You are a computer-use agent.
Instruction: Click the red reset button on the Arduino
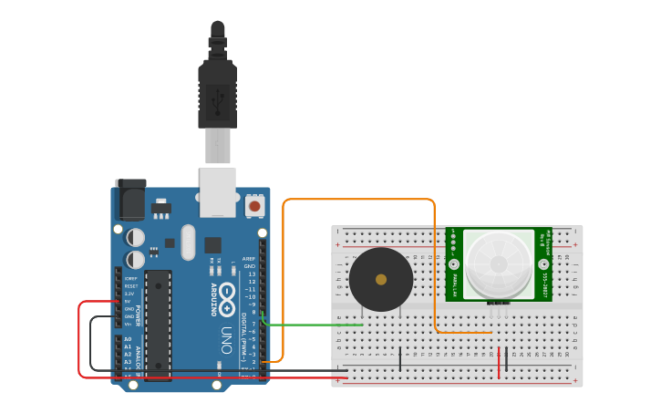[254, 207]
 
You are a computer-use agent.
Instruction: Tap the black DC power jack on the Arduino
[129, 200]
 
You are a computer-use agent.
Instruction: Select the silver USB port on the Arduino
[218, 191]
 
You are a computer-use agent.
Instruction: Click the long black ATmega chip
[158, 324]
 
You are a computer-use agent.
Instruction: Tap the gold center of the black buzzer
[381, 280]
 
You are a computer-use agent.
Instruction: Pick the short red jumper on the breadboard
[499, 362]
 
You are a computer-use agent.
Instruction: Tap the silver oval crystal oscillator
[188, 243]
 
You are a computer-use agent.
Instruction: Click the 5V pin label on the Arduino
[129, 302]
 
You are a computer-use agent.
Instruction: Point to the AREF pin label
[249, 259]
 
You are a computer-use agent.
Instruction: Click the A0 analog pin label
[128, 339]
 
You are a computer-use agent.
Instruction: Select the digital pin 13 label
[252, 274]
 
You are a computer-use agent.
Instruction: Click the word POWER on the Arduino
[138, 315]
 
